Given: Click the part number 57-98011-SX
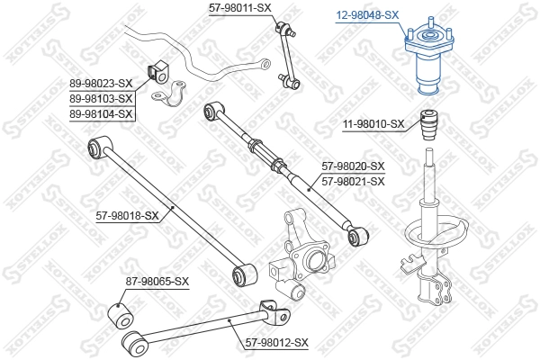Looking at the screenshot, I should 239,8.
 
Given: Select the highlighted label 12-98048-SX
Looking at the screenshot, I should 367,15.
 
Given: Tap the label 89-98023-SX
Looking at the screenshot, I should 101,83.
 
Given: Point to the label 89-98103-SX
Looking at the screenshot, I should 101,98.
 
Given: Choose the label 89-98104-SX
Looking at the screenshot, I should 101,113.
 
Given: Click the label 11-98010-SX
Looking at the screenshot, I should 373,124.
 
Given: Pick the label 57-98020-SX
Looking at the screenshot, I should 353,166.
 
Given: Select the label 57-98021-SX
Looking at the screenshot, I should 353,181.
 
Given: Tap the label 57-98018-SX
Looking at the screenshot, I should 127,215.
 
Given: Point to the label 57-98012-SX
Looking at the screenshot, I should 276,343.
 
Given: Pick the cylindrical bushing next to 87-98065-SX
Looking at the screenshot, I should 119,315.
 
